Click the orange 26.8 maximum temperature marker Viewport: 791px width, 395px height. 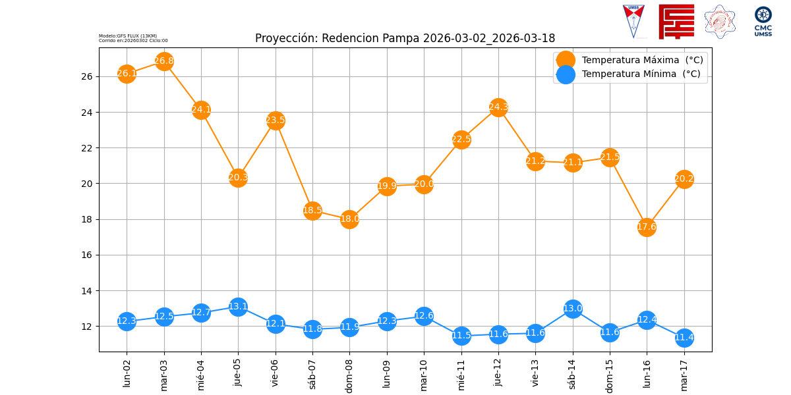pos(164,61)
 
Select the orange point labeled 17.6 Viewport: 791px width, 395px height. pos(647,227)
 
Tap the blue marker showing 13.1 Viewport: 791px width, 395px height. pos(238,307)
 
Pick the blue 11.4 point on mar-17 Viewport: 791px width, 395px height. pos(684,338)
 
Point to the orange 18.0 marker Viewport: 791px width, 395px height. pos(349,219)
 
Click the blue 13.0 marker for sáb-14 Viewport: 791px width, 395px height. pos(573,308)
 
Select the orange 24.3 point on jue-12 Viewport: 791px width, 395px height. pos(498,107)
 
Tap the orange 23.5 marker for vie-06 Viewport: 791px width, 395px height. pos(276,120)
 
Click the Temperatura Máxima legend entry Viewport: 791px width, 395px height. pos(641,60)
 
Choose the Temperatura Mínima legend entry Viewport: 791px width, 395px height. pos(640,74)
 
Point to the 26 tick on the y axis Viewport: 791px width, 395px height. pos(87,76)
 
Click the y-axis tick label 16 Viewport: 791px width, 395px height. pos(87,255)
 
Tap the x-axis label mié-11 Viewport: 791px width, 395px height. pos(461,373)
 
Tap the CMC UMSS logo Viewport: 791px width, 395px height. pos(763,21)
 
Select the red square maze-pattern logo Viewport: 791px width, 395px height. pos(676,21)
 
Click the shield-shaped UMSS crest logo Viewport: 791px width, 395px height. pos(633,21)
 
